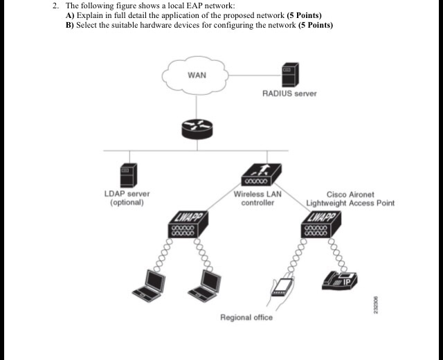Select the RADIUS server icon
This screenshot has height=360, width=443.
click(289, 74)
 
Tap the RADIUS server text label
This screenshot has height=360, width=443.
click(289, 93)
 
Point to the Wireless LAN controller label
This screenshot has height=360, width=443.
click(257, 198)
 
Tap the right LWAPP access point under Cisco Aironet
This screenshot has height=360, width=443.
click(320, 226)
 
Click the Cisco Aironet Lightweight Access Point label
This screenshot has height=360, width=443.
click(350, 199)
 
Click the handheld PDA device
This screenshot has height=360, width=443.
click(280, 287)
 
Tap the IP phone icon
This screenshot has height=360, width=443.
click(340, 278)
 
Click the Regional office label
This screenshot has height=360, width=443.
click(246, 318)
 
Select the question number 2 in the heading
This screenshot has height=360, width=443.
click(55, 6)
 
